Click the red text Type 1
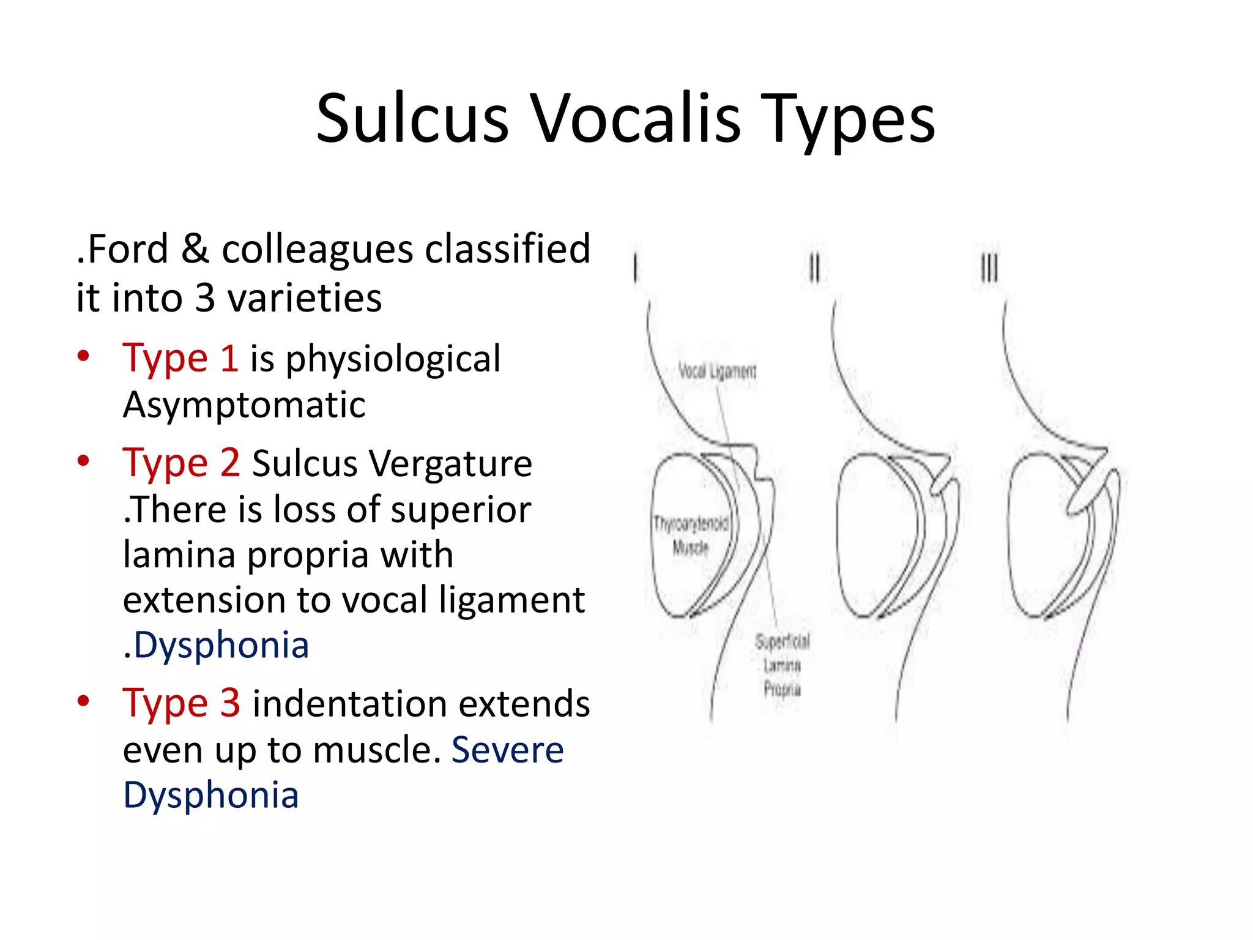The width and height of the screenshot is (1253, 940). point(180,358)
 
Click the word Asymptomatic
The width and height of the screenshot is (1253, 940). point(244,405)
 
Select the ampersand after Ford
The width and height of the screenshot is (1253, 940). point(195,250)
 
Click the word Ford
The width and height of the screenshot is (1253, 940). point(127,250)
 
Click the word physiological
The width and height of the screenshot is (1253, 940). point(393,359)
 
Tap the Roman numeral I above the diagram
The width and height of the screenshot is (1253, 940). point(636,268)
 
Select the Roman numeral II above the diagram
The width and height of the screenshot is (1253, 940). point(814,268)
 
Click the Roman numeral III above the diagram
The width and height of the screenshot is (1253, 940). point(989,268)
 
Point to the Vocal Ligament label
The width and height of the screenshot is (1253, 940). point(717,371)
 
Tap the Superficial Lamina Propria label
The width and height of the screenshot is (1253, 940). point(782,665)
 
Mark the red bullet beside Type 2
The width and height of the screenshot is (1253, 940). point(84,460)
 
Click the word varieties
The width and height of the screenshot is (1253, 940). point(304,298)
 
